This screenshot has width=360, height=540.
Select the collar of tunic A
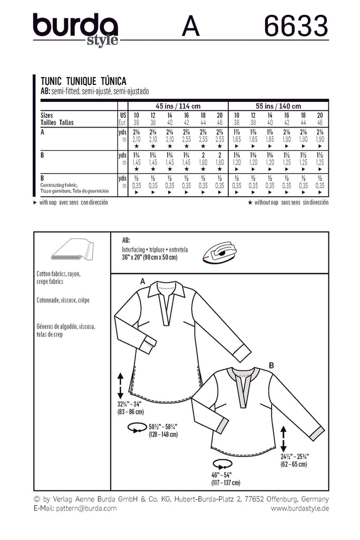click(x=165, y=289)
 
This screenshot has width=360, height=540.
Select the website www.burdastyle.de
click(x=300, y=508)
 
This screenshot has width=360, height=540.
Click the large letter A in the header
click(x=191, y=26)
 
